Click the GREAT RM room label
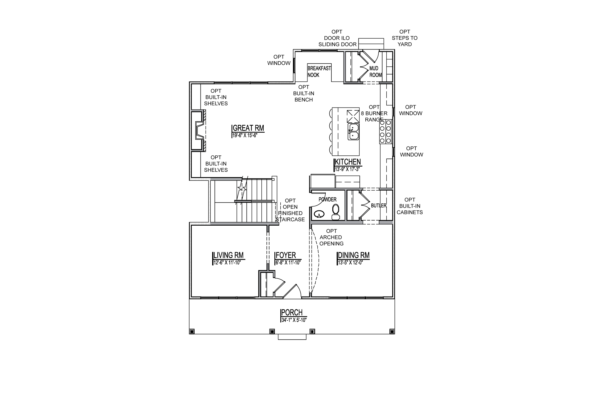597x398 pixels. (x=248, y=128)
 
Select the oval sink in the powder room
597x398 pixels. (x=319, y=214)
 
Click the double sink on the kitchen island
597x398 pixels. (x=353, y=132)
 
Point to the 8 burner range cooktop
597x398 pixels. (x=385, y=132)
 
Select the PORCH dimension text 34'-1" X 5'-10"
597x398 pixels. (x=294, y=320)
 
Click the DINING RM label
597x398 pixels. (x=353, y=255)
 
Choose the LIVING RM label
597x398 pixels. (x=228, y=255)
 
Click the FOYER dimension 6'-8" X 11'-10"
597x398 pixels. (x=288, y=262)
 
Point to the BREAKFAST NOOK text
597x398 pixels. (x=319, y=72)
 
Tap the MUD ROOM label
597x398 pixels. (x=375, y=72)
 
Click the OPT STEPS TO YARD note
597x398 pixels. (x=405, y=38)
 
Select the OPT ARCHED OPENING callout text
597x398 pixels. (x=331, y=237)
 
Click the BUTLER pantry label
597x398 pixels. (x=379, y=205)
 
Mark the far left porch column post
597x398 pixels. (x=192, y=332)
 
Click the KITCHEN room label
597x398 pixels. (x=348, y=162)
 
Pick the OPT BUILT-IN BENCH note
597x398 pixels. (x=303, y=94)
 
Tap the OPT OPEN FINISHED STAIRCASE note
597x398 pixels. (x=290, y=210)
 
